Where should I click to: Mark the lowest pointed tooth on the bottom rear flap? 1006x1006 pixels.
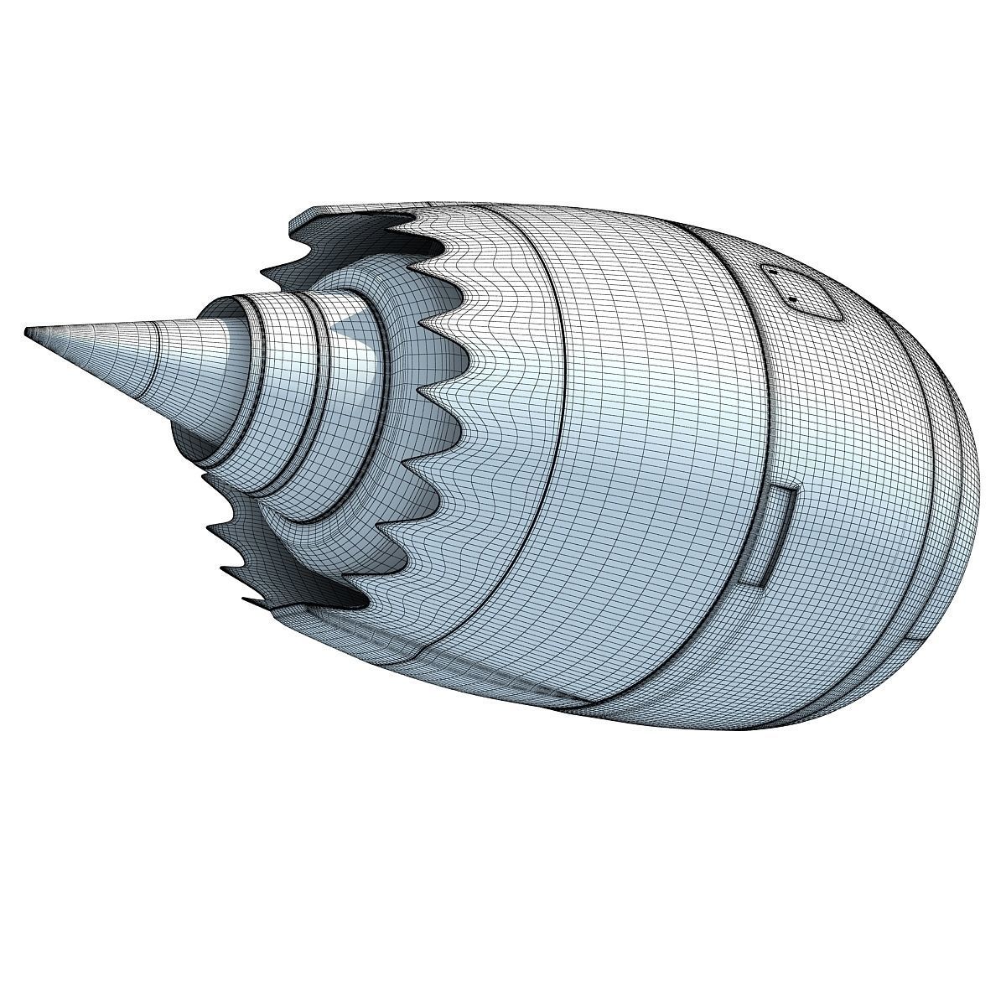(x=251, y=600)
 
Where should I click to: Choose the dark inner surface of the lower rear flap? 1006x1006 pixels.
(x=277, y=570)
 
